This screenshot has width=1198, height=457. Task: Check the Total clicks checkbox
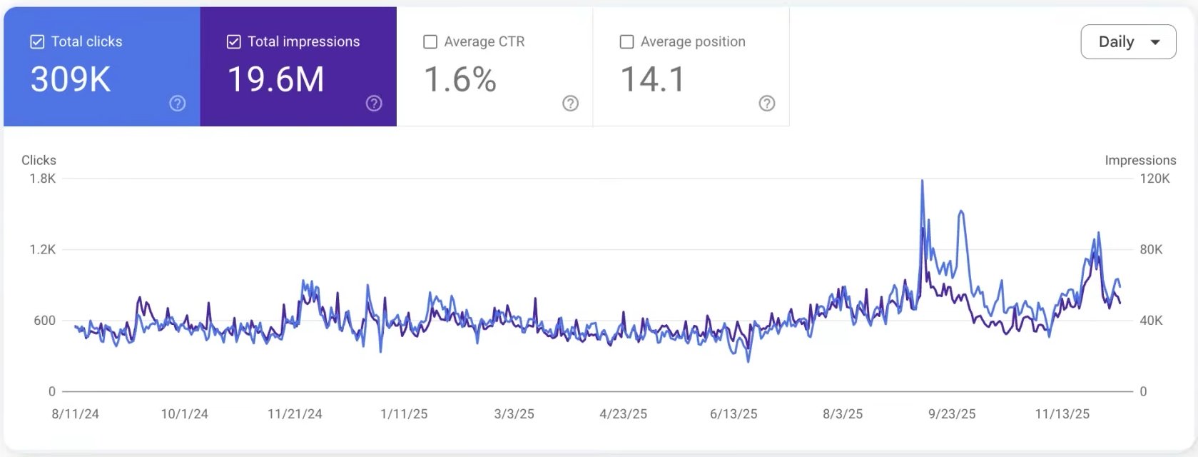coord(37,42)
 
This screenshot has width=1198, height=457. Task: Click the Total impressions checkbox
coord(233,42)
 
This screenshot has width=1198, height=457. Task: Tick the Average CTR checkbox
coord(430,42)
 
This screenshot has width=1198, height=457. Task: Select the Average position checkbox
coord(626,42)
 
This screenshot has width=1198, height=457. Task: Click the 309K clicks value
coord(71,79)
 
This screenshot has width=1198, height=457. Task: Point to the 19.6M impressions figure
coord(275,79)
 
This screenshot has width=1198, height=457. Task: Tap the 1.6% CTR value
coord(460,79)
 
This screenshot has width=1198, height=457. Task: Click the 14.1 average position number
coord(653,79)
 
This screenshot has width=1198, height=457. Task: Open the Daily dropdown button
coord(1128,42)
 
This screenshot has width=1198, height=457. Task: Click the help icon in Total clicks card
coord(178,104)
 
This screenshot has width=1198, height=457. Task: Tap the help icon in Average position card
coord(766,104)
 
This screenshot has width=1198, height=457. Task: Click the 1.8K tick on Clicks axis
coord(43,179)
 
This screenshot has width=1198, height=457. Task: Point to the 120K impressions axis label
coord(1154,179)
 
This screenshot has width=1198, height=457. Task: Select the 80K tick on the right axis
coord(1151,249)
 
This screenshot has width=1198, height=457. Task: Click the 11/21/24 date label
coord(295,414)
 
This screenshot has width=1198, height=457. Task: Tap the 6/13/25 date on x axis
coord(733,414)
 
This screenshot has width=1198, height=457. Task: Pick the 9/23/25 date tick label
coord(952,414)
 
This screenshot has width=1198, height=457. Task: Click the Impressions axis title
coord(1140,161)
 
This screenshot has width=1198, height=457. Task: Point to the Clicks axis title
coord(39,161)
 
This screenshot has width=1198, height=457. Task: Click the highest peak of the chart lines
coord(923,181)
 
